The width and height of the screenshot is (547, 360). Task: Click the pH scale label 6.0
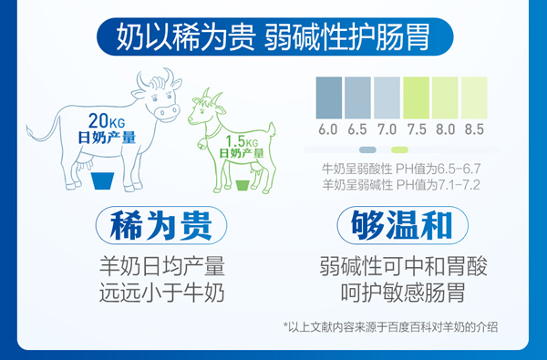click(328, 129)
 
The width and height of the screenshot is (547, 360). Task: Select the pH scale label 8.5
click(474, 129)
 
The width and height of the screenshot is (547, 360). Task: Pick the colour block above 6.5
click(357, 96)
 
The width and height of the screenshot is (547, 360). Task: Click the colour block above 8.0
click(445, 96)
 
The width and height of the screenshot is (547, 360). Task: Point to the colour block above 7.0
click(387, 96)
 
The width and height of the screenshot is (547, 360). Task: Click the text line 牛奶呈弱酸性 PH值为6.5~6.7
click(402, 169)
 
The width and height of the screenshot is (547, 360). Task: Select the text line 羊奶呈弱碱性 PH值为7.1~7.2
click(402, 184)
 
